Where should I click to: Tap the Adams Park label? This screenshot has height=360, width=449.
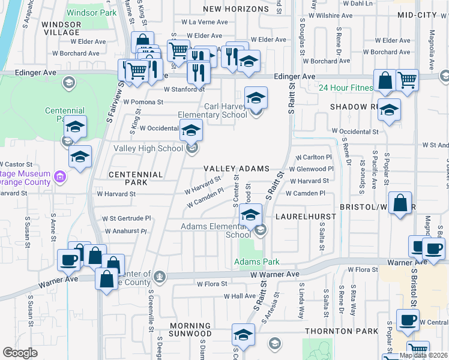pyautogui.click(x=256, y=262)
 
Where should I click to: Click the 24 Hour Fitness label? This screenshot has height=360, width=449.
pyautogui.click(x=346, y=88)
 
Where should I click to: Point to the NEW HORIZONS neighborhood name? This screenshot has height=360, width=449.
pyautogui.click(x=236, y=9)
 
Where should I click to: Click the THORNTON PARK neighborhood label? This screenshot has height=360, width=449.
pyautogui.click(x=342, y=331)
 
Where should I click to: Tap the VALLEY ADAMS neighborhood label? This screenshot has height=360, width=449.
pyautogui.click(x=235, y=169)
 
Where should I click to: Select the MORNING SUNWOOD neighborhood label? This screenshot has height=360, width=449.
pyautogui.click(x=190, y=329)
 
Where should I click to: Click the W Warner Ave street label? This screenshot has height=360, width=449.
pyautogui.click(x=274, y=274)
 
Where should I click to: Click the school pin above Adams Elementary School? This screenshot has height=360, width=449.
pyautogui.click(x=250, y=215)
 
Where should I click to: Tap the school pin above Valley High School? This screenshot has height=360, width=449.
pyautogui.click(x=191, y=130)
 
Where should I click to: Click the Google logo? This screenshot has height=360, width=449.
pyautogui.click(x=20, y=353)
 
